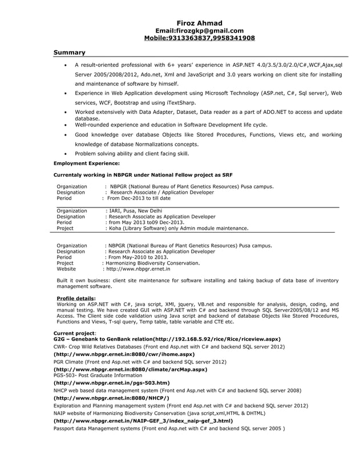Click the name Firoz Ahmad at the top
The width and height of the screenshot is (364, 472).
point(199,23)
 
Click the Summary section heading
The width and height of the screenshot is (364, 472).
point(69,53)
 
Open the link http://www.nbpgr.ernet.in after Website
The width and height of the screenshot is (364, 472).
point(136,269)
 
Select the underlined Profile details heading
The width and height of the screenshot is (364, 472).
point(76,298)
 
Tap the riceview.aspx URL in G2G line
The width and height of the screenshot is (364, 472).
point(220,339)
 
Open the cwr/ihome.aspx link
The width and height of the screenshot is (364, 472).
point(124,354)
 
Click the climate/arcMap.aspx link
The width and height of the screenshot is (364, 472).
point(130,370)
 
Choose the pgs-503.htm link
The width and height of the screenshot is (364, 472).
point(111,383)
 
